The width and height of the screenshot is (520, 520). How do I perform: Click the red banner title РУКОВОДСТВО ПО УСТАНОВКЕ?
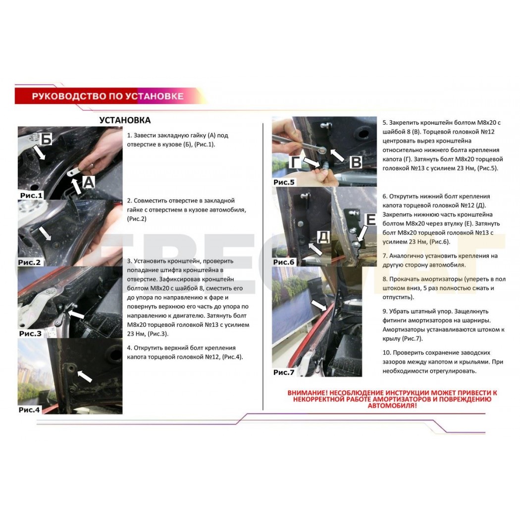pyautogui.click(x=107, y=96)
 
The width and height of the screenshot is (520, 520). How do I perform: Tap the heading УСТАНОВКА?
pyautogui.click(x=125, y=120)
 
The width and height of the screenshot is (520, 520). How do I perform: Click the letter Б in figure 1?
pyautogui.click(x=46, y=139)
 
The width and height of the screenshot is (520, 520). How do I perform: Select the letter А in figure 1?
pyautogui.click(x=88, y=182)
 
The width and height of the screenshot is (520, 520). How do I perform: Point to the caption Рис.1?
pyautogui.click(x=32, y=195)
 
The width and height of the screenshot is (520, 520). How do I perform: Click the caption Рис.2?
pyautogui.click(x=29, y=262)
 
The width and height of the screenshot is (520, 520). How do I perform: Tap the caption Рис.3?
pyautogui.click(x=30, y=334)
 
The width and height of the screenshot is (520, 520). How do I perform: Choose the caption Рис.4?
pyautogui.click(x=29, y=410)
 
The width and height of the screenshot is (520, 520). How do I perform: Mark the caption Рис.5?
pyautogui.click(x=284, y=182)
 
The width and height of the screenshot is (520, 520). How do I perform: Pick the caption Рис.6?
pyautogui.click(x=284, y=262)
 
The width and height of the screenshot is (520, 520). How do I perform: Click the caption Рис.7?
pyautogui.click(x=284, y=372)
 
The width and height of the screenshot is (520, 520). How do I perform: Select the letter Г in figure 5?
pyautogui.click(x=295, y=162)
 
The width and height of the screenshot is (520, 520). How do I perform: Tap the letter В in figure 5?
pyautogui.click(x=356, y=162)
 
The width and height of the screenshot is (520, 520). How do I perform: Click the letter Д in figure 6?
pyautogui.click(x=323, y=236)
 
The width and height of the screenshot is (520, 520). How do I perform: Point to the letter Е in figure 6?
pyautogui.click(x=370, y=219)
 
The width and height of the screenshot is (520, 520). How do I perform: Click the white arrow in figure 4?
pyautogui.click(x=85, y=376)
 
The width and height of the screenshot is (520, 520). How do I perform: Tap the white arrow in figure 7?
pyautogui.click(x=319, y=306)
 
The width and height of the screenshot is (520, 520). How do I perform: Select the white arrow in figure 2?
pyautogui.click(x=45, y=233)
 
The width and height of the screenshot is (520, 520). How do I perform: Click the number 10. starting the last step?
pyautogui.click(x=386, y=353)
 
